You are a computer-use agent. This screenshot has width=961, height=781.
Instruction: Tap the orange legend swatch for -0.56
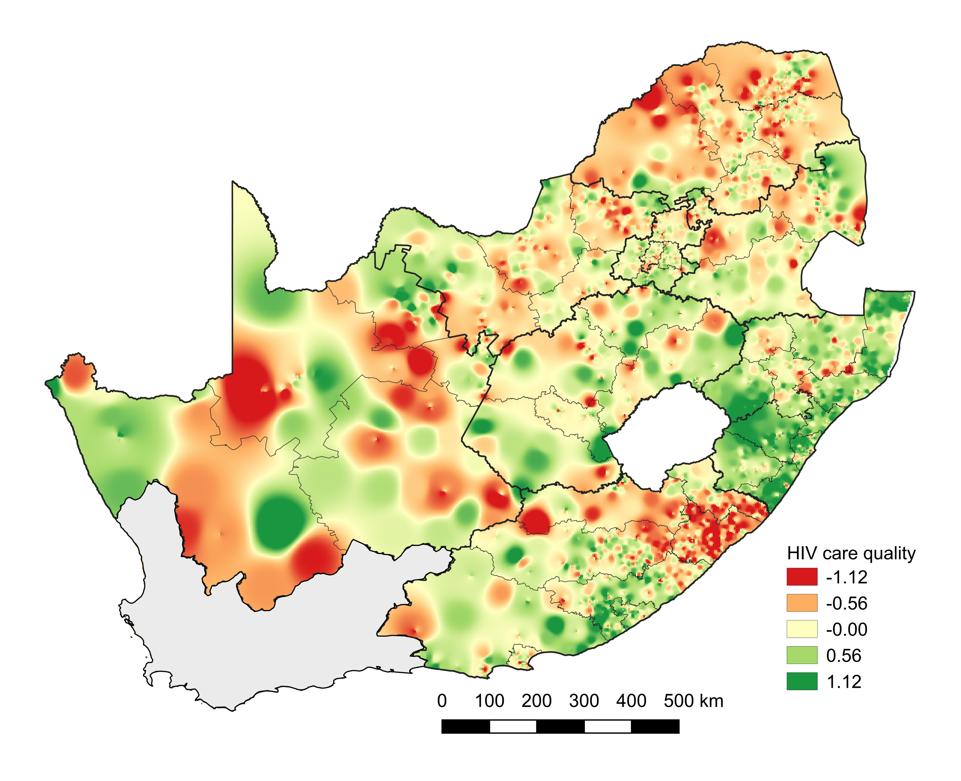802,603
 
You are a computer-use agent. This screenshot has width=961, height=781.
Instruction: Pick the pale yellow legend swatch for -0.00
802,629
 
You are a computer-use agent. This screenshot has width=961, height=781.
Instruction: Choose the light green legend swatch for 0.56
802,655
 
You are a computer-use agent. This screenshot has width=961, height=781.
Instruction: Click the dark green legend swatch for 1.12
802,681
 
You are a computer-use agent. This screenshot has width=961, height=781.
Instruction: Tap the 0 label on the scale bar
442,701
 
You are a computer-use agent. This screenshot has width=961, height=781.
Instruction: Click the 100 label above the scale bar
489,701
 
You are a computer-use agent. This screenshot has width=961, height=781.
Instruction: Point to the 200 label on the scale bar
537,701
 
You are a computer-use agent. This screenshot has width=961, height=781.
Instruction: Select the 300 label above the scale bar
584,701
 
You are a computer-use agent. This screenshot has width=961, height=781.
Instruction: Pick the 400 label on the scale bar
631,701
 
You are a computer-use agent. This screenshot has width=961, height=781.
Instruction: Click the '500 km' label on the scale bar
693,701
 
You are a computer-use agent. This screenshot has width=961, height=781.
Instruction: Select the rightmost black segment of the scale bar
655,726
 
